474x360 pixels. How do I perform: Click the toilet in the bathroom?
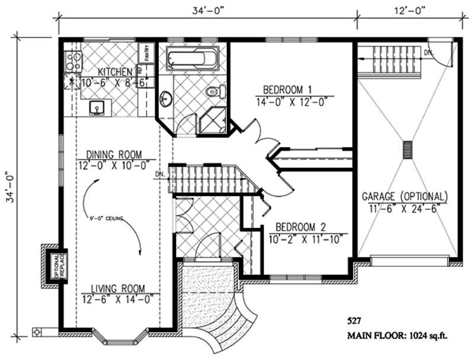[216, 92]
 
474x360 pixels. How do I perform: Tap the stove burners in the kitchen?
[73, 59]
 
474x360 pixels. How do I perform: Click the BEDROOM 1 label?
[287, 90]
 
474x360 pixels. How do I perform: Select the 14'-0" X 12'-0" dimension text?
[287, 101]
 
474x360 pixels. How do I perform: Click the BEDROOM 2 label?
[302, 227]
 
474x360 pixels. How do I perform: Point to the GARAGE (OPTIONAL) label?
[405, 197]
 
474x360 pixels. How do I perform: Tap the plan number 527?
[354, 321]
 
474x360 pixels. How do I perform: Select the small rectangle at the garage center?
[407, 149]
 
